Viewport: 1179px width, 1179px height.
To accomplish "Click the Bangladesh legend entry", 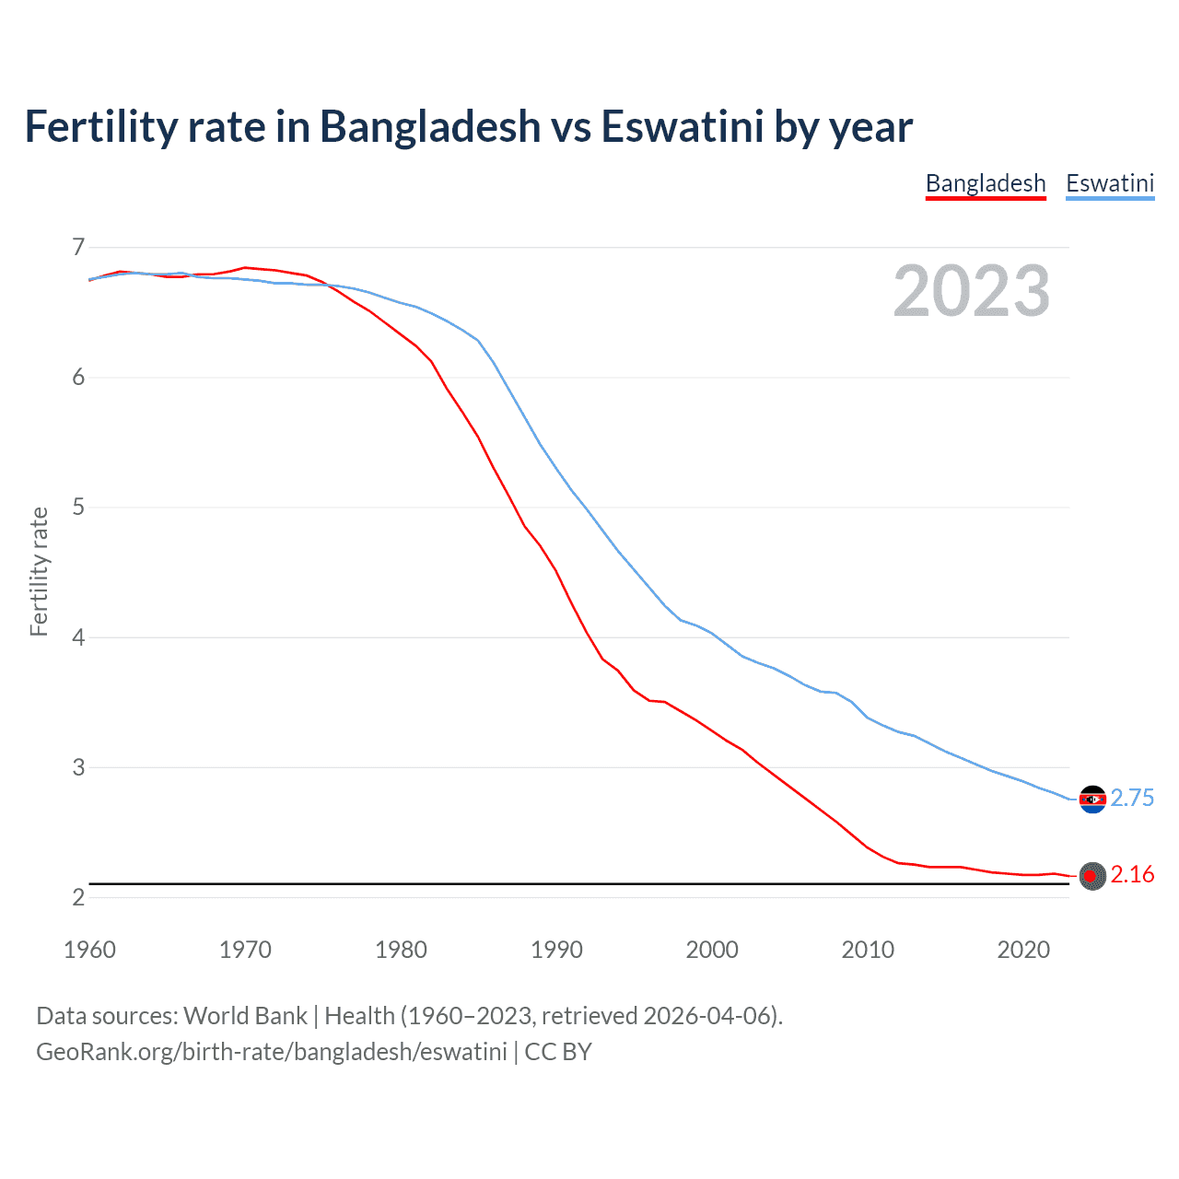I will tap(986, 183).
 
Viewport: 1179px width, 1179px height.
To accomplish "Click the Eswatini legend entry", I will tap(1110, 183).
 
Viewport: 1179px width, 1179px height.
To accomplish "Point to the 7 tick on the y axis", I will tap(78, 247).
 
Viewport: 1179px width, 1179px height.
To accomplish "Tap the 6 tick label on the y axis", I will tap(78, 377).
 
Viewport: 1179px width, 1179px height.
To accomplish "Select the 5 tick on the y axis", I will tap(78, 507).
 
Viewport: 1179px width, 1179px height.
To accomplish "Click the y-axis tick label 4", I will tap(78, 636).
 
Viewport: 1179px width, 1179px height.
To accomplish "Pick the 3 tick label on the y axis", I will tap(78, 766).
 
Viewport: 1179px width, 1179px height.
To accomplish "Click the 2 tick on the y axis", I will tap(78, 897).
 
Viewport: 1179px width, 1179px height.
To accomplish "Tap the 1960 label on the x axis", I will tap(89, 950).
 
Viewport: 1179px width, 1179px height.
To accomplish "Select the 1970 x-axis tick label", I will tap(245, 950).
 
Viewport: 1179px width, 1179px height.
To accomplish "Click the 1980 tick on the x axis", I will tap(401, 950).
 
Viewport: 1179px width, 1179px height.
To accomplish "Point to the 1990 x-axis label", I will tap(556, 950).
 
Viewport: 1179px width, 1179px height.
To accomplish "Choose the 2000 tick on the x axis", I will tap(712, 950).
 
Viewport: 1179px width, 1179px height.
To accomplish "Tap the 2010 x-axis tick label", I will tap(868, 950).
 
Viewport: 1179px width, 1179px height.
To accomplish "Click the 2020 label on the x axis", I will tap(1023, 950).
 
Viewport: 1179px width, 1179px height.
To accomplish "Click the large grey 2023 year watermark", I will tap(971, 291).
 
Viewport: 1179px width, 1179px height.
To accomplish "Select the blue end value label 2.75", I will tap(1132, 798).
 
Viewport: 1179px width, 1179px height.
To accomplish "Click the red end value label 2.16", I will tap(1132, 874).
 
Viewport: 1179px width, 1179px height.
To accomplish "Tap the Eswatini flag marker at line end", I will tap(1092, 799).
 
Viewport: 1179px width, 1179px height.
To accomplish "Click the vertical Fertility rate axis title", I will tap(39, 571).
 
